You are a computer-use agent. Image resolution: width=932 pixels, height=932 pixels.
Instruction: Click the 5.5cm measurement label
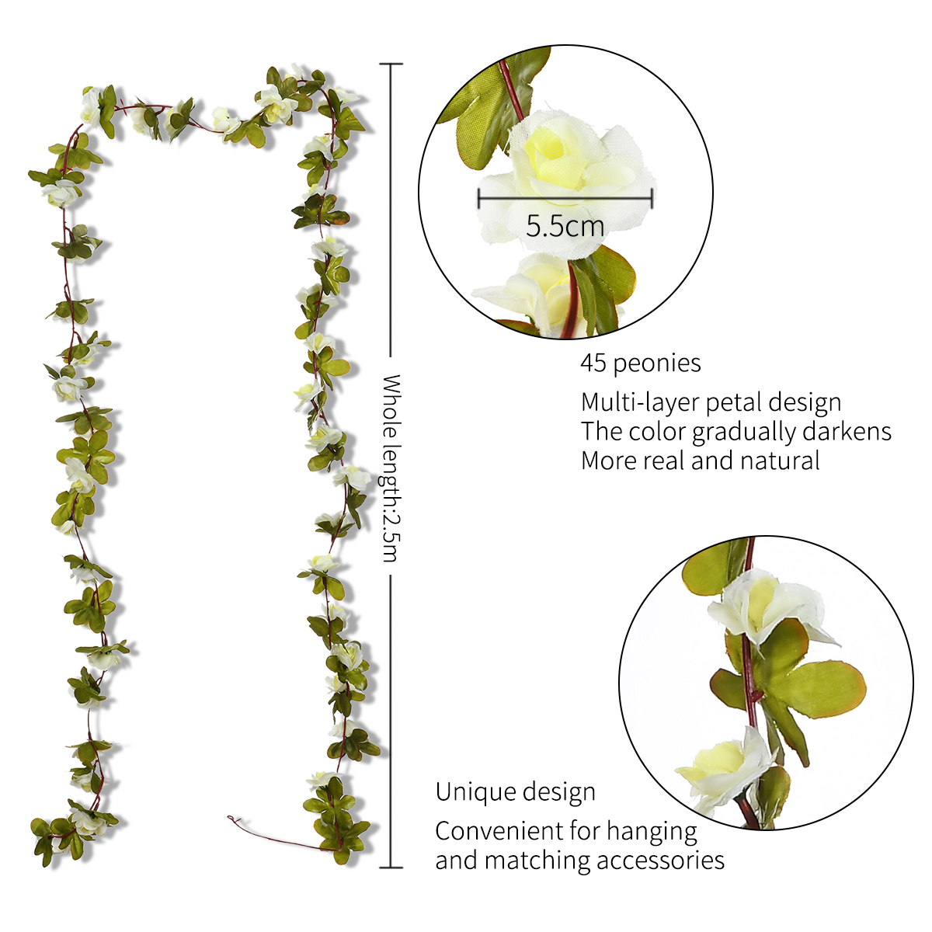pos(565,226)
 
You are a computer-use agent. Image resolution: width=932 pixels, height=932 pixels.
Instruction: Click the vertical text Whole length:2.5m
pos(391,468)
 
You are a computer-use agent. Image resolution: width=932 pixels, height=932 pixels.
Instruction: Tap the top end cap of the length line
pos(391,64)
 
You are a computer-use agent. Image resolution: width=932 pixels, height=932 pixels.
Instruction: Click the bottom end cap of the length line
pos(391,868)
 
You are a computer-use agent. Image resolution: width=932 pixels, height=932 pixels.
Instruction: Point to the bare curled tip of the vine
pos(230,818)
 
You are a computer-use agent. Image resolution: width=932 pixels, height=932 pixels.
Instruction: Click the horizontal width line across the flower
pos(565,197)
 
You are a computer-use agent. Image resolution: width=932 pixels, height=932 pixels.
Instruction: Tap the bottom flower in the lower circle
pos(723,772)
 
